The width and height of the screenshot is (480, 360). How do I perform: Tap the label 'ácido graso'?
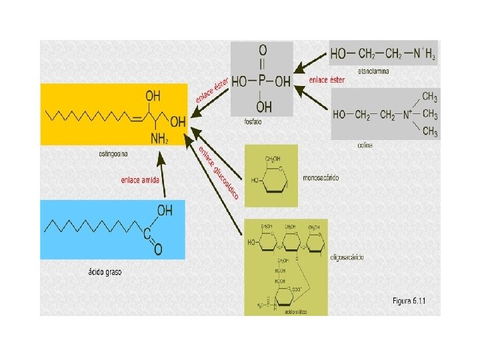[x=105, y=272]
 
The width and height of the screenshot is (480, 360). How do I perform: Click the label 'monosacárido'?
[x=321, y=179]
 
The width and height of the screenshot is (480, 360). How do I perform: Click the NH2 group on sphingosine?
[x=159, y=139]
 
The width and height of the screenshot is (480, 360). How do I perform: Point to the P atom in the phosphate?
[x=263, y=81]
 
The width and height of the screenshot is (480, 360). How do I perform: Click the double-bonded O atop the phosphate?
[x=263, y=50]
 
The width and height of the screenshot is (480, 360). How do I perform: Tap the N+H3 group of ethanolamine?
[x=423, y=53]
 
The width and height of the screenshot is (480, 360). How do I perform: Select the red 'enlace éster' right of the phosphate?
[x=327, y=80]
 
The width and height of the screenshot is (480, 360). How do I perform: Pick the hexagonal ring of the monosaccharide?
[x=270, y=179]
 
